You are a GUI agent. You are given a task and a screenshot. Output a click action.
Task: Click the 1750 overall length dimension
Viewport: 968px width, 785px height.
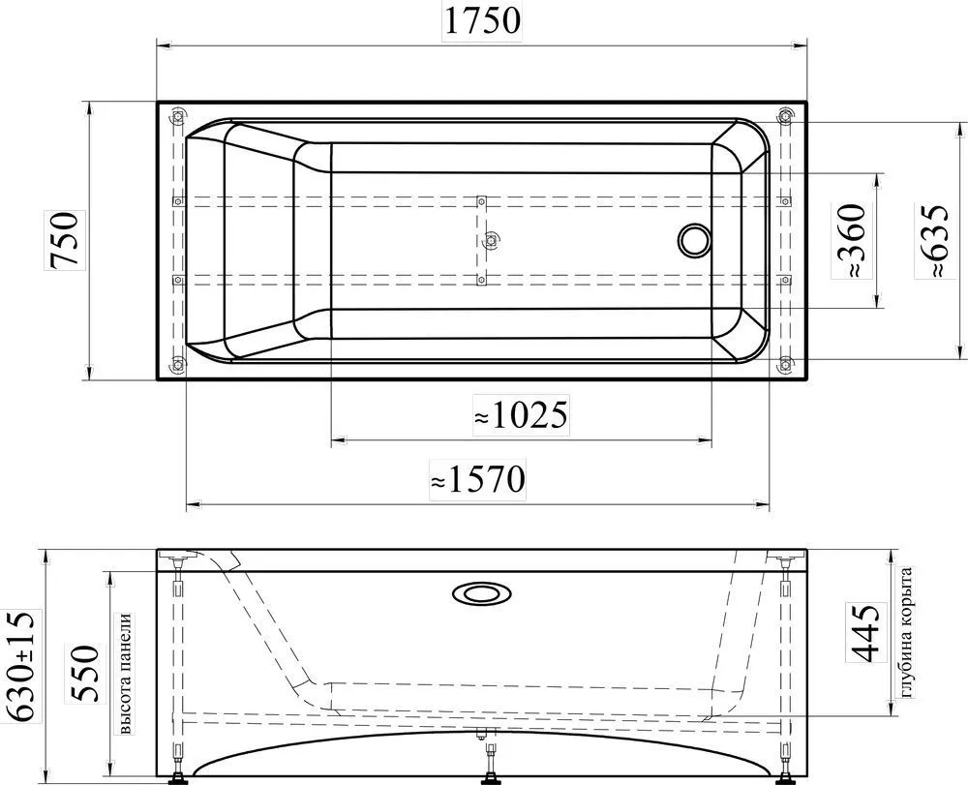coord(482,20)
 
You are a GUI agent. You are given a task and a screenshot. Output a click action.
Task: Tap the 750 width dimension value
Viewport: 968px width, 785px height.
coord(64,239)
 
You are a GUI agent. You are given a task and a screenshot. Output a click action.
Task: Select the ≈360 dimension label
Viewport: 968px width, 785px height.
coord(848,240)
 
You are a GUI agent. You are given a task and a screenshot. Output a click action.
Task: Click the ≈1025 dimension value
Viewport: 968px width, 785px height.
coord(521,414)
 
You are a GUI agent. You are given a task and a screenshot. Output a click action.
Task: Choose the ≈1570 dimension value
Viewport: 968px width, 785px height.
coord(478,479)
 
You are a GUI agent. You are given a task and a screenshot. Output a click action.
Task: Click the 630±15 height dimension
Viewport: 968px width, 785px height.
coord(23,667)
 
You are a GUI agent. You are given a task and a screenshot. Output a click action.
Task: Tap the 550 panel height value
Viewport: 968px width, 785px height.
coord(83,674)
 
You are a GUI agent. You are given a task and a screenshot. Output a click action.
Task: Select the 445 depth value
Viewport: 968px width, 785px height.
coord(864,633)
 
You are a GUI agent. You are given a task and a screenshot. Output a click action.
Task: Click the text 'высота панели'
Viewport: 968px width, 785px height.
coord(125,674)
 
